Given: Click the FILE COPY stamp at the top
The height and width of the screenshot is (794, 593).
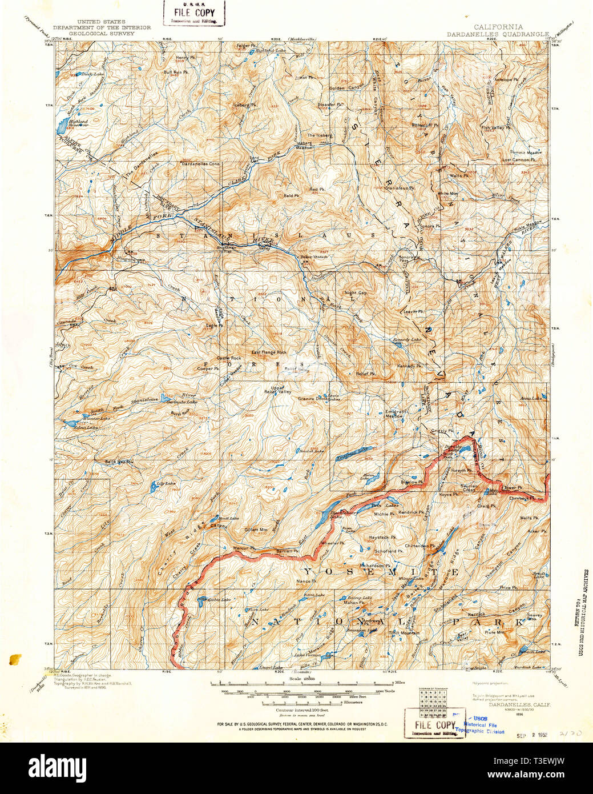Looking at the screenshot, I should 194,13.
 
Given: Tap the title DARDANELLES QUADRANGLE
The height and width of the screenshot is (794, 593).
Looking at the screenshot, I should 498,34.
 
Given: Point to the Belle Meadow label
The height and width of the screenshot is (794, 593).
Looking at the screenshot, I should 119,462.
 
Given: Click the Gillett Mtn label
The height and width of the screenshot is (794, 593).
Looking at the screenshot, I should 256,530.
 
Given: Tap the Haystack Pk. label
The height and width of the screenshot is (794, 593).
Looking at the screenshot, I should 382,538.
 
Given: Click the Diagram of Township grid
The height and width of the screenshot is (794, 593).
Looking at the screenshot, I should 431,701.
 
